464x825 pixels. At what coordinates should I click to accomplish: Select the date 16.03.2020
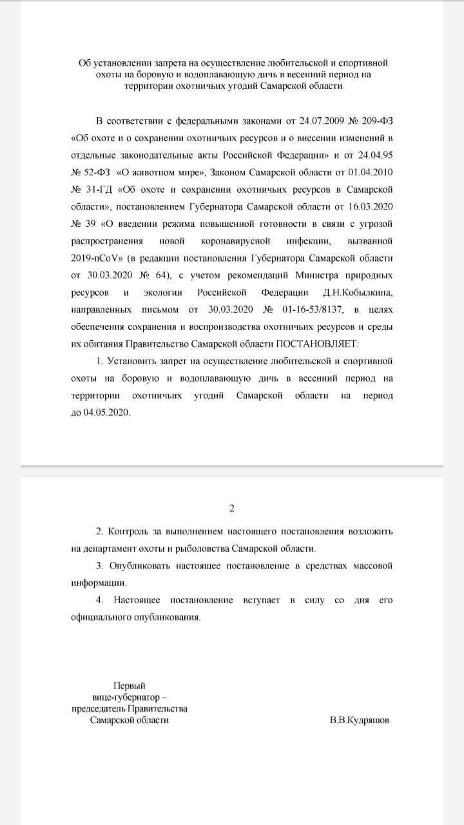[x=370, y=206]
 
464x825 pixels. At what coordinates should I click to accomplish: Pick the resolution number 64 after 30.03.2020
[x=160, y=275]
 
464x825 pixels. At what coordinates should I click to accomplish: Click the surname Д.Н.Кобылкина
[x=357, y=292]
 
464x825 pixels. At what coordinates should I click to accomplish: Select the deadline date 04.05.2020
[x=106, y=412]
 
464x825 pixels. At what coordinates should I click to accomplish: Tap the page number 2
[x=232, y=509]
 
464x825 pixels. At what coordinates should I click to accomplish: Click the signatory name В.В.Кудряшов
[x=359, y=720]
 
